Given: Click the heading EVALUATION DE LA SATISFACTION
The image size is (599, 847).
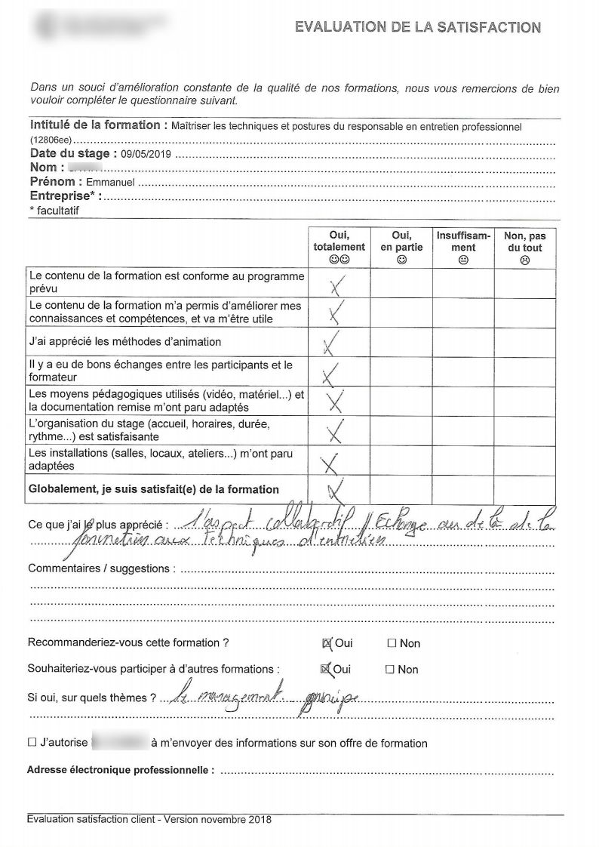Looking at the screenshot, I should tap(417, 28).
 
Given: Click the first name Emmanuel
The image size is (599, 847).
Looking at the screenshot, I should tap(111, 183).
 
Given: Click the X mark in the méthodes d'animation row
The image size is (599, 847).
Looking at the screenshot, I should tap(330, 342).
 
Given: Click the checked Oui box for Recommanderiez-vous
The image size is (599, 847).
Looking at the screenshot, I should tap(327, 644).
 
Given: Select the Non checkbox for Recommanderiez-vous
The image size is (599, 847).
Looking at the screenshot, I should tap(392, 644).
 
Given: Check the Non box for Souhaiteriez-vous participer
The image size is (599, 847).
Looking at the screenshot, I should tap(390, 670).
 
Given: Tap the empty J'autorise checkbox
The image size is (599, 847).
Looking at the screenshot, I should tap(32, 743).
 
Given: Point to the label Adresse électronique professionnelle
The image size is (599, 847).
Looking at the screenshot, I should tap(121, 771).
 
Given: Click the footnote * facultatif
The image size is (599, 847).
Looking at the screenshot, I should tap(53, 211).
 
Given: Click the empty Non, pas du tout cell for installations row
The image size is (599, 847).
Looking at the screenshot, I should tap(525, 460).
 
